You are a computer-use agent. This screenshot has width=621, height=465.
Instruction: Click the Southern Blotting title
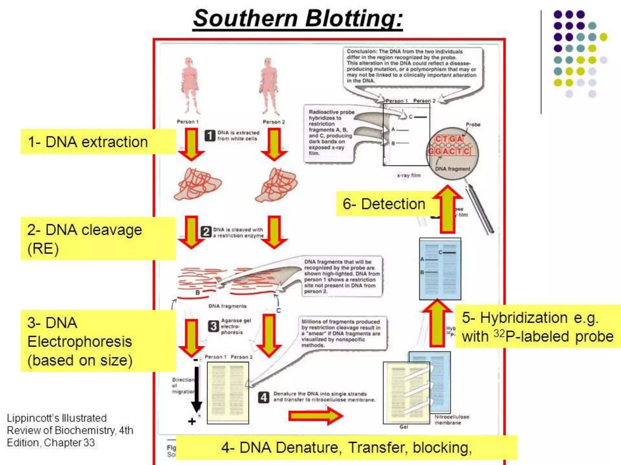[x=298, y=19]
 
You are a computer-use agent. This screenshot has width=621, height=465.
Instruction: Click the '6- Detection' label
[x=384, y=204]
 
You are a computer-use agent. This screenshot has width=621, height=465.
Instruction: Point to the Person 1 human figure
[x=190, y=86]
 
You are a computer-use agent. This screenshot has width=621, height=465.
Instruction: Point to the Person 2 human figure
[x=268, y=86]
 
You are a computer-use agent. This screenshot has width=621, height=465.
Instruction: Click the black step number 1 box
[x=210, y=136]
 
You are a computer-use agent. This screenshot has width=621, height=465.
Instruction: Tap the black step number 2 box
[x=206, y=232]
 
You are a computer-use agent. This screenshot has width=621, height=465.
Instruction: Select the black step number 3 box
[x=213, y=326]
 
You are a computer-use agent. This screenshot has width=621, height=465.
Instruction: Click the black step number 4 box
[x=264, y=397]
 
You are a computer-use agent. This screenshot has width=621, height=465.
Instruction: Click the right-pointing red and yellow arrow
[x=315, y=416]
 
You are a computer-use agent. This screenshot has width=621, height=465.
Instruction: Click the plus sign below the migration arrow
[x=192, y=421]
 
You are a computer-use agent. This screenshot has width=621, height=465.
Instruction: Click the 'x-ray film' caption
[x=409, y=175]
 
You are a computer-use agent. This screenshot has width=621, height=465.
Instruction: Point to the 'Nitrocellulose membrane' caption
[x=451, y=420]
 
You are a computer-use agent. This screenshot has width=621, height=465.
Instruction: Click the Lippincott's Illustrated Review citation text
[x=70, y=430]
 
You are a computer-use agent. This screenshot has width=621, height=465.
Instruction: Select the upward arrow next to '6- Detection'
[x=448, y=209]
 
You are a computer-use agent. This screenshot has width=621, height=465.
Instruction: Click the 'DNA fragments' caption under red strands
[x=227, y=306]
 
